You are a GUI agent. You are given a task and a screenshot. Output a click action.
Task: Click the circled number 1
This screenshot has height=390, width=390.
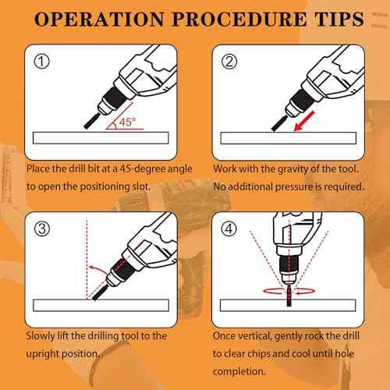point(41,62)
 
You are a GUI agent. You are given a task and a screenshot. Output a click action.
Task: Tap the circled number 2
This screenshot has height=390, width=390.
point(229,62)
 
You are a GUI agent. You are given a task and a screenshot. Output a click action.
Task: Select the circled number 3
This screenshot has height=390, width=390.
point(42,229)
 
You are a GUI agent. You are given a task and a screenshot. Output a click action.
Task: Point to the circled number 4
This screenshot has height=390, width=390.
point(229,229)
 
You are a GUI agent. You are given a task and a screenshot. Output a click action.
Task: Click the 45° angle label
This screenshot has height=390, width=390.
point(127,122)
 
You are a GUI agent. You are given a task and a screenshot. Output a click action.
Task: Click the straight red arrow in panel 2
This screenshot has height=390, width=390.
point(304,121)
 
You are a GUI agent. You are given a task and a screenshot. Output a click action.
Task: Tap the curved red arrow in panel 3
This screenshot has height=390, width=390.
point(97,269)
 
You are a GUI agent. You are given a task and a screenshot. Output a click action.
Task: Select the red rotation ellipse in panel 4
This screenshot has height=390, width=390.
point(289,291)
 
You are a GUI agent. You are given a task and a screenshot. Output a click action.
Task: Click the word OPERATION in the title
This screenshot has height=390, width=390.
point(99,19)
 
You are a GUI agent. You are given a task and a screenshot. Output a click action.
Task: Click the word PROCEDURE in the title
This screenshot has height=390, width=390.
point(239,19)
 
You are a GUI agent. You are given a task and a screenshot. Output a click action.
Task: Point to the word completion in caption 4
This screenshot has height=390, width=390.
point(239,371)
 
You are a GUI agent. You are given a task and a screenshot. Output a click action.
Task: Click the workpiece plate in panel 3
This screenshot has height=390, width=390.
point(101,305)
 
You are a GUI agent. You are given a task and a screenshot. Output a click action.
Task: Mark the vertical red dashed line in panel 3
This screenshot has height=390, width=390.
point(87,260)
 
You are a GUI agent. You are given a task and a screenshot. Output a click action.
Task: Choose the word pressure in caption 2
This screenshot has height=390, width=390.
point(294,187)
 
